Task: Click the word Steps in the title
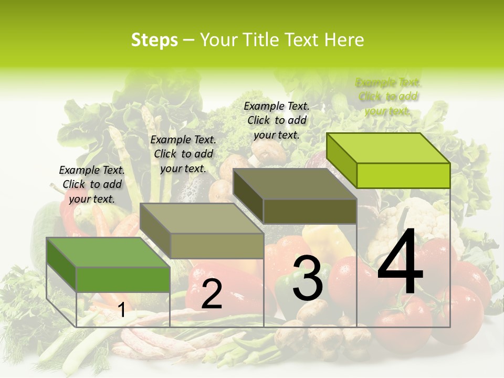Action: point(154,40)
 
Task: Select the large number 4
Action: point(400,261)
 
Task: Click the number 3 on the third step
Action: point(307,278)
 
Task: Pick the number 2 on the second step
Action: point(212,294)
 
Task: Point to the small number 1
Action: point(122,311)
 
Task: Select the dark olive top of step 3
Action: point(294,184)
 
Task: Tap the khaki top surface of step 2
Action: point(202,218)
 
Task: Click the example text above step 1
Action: point(92,184)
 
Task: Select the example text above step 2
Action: point(183,154)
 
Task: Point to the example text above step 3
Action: point(277,120)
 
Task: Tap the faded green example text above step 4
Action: point(388,97)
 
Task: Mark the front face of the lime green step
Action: point(403,175)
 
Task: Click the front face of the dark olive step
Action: point(310,211)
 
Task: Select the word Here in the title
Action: point(344,40)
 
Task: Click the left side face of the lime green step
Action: point(341,160)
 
